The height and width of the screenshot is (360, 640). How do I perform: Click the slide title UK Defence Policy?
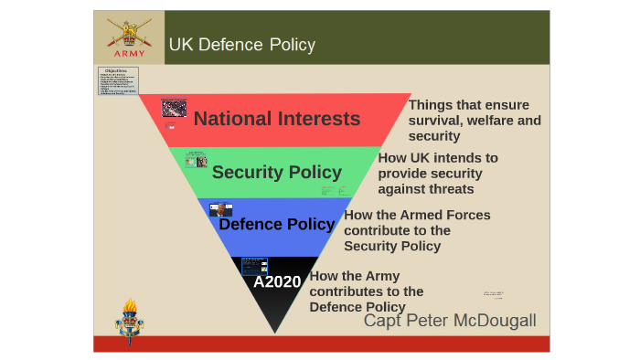[241, 45]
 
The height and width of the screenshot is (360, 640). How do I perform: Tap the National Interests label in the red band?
[277, 119]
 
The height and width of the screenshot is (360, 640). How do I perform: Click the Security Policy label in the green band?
[277, 172]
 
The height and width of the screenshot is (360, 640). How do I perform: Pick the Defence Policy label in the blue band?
[277, 224]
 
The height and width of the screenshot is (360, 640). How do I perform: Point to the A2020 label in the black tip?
[277, 281]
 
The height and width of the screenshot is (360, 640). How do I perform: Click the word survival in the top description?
[435, 121]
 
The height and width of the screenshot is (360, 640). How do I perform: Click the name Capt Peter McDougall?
[450, 321]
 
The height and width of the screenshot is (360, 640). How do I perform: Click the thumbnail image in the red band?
[174, 108]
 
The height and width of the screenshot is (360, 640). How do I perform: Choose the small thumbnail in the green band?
[196, 160]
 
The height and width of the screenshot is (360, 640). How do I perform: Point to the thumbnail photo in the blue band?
[220, 209]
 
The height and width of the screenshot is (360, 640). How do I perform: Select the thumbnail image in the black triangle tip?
[254, 266]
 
